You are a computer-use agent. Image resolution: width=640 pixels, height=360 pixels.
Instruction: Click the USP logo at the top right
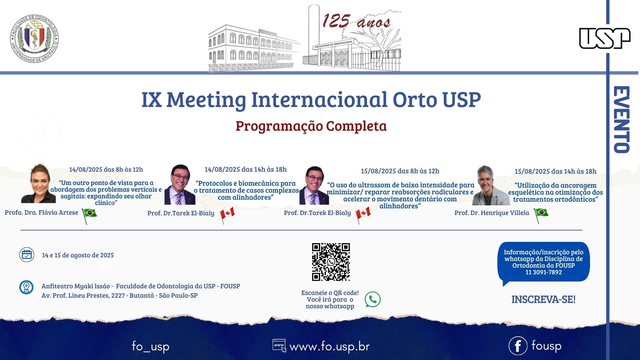pos(605,38)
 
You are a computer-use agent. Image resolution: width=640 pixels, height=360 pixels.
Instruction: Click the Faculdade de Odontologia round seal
pos(34,39)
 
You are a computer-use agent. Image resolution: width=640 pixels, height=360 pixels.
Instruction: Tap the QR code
pos(331,262)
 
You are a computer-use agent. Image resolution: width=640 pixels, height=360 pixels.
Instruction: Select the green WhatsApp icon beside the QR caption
pos(372,299)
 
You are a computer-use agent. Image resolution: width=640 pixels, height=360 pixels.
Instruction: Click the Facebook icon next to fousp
pos(518,346)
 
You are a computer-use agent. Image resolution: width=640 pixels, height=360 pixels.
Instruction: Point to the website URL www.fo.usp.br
pos(329,347)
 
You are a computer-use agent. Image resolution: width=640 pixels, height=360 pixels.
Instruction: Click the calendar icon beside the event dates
pos(27,255)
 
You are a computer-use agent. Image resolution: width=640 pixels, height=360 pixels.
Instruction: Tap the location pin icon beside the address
pos(26,287)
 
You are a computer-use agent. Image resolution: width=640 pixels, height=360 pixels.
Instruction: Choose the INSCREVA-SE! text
pos(543,299)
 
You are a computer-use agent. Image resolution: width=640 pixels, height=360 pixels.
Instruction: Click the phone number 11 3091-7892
pos(544,272)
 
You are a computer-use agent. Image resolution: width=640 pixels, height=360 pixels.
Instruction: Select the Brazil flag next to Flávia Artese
pos(89,215)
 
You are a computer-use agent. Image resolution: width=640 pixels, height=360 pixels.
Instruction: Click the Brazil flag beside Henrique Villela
pos(541,215)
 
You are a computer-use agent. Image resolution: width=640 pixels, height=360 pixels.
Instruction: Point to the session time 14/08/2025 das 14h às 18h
pos(246,169)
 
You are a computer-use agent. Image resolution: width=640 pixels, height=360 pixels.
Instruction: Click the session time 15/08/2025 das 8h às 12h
pos(400,171)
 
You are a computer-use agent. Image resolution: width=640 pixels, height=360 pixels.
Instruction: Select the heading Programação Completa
pos(311,126)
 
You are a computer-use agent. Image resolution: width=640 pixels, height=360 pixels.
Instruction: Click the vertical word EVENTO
pos(622,120)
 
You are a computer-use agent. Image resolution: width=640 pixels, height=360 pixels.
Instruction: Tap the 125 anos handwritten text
pos(356,21)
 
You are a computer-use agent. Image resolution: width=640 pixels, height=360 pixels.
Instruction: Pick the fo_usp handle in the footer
pos(151,346)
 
